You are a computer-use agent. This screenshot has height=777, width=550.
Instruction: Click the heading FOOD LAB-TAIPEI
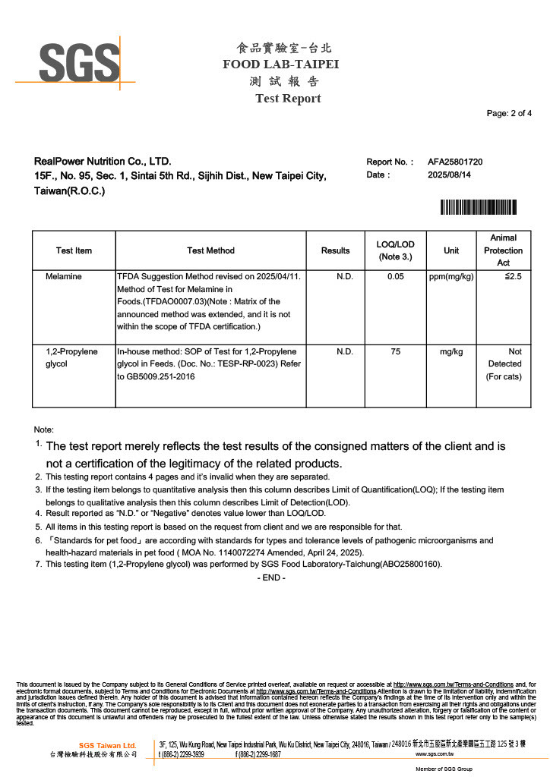coord(280,64)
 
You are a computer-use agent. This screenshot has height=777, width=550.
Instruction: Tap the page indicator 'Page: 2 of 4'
coord(509,114)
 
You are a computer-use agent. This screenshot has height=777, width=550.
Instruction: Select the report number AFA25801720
coord(455,162)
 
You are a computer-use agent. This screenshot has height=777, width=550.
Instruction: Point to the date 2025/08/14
coord(449,175)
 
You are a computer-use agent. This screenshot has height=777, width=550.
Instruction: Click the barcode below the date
coord(479,206)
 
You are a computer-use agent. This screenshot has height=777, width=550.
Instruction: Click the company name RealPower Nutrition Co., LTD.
coord(103,162)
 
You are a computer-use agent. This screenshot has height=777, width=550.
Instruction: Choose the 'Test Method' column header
coord(210,250)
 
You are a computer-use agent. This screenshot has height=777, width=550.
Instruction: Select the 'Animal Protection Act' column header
coord(503,250)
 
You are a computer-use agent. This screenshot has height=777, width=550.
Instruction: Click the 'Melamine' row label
coord(63,277)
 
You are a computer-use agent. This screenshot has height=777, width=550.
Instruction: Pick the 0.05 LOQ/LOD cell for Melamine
coord(395,277)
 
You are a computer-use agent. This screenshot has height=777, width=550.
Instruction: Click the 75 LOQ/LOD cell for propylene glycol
coord(395,352)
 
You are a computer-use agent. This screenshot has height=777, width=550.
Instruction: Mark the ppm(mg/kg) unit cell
coord(450,277)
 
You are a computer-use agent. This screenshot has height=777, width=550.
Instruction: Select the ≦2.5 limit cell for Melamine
coord(513,277)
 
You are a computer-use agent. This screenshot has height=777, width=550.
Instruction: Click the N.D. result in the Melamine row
coord(345,277)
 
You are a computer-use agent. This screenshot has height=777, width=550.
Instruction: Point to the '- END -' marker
coord(272,578)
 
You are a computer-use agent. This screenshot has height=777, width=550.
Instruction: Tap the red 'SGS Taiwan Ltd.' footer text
coord(107,746)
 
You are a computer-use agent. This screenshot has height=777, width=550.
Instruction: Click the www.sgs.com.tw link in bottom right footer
coord(435,755)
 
